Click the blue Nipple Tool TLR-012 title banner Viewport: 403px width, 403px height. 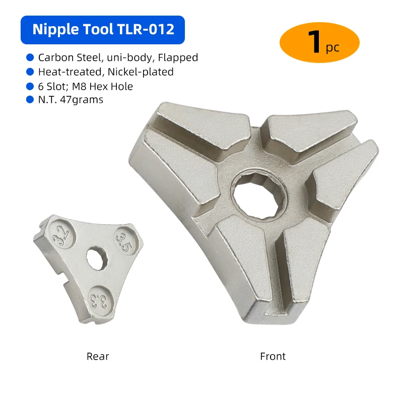pos(103,30)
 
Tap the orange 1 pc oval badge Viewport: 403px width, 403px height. pos(319,42)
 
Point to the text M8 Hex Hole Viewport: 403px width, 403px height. pos(102,86)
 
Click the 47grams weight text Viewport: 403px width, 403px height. pos(82,100)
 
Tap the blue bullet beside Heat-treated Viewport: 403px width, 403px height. pos(30,72)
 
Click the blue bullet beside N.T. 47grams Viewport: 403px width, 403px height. pos(30,99)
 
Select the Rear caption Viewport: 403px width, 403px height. pos(98,356)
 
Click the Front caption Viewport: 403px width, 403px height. pos(273,356)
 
